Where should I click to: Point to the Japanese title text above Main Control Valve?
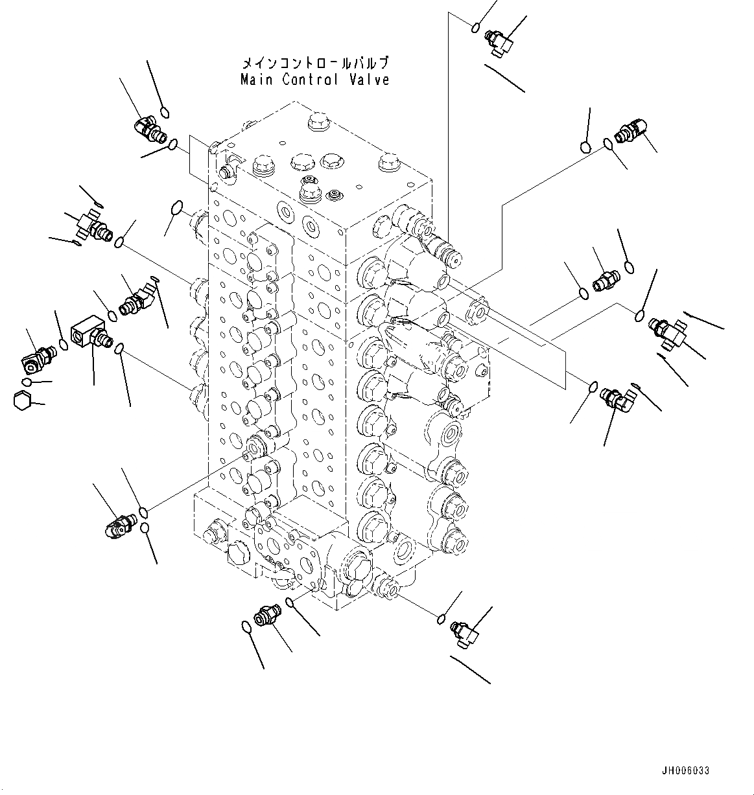[315, 63]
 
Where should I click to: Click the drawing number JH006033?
[685, 771]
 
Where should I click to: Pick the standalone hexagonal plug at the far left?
[21, 400]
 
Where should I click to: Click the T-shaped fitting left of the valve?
[89, 224]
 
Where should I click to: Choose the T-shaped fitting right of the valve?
[670, 327]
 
